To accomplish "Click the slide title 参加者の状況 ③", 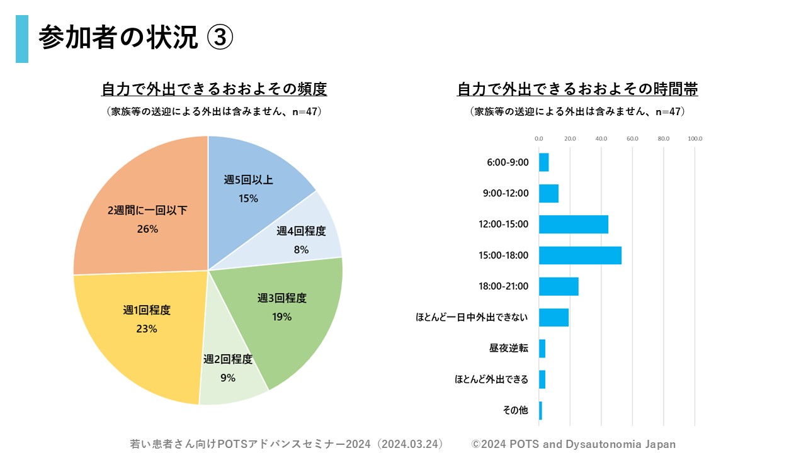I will [135, 38].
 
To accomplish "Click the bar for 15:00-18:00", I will [580, 255].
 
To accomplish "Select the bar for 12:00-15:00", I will [574, 225].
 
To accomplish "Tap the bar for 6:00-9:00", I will [544, 162].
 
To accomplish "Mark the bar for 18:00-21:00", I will [559, 286].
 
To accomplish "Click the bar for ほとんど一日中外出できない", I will [553, 318].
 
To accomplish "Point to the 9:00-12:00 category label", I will [506, 194].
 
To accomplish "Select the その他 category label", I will [515, 411].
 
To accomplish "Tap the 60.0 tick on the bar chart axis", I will [632, 138].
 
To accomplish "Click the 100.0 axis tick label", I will [695, 138].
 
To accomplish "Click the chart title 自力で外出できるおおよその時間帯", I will [577, 90].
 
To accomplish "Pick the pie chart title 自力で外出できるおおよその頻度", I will [214, 90].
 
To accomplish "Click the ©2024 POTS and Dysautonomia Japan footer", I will [574, 444].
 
